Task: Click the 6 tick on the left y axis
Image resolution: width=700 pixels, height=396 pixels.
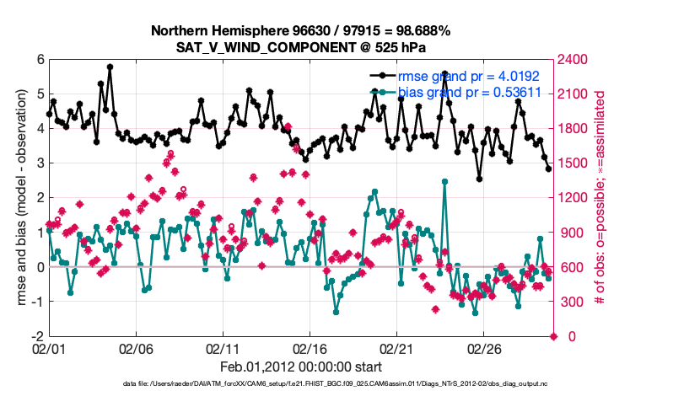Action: (39, 60)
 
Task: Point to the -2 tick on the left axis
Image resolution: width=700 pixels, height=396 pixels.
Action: (37, 336)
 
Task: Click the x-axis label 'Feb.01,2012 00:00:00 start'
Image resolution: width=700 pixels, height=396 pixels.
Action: (300, 367)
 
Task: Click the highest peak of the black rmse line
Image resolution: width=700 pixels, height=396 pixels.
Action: (110, 67)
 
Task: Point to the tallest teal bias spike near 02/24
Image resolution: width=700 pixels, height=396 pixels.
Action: (444, 181)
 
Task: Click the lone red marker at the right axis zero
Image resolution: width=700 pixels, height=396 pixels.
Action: (554, 336)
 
